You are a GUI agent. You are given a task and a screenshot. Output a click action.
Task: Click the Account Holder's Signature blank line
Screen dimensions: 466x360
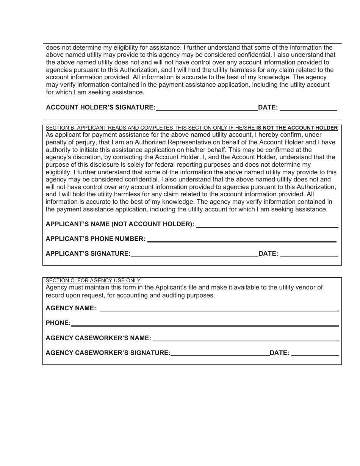[207, 108]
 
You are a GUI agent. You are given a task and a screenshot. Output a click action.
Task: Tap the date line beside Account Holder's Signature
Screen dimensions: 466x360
[308, 108]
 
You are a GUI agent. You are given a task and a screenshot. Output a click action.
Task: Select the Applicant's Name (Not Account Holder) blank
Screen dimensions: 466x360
[267, 224]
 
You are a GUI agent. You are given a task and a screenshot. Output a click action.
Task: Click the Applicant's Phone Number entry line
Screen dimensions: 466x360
[242, 239]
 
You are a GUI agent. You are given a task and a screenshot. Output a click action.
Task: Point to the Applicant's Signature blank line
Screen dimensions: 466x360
[194, 254]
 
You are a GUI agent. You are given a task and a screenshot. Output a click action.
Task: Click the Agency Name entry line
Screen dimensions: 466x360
[219, 308]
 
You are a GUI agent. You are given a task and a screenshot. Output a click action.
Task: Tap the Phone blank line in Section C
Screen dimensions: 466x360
[205, 323]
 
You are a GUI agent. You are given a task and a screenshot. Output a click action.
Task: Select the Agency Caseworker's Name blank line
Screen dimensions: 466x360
[246, 338]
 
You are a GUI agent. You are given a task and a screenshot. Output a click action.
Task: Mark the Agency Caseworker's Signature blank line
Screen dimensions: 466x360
[220, 353]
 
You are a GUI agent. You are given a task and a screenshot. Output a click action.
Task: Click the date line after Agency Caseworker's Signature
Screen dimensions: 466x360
[315, 353]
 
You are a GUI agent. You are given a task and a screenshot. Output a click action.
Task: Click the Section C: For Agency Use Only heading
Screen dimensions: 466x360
[93, 280]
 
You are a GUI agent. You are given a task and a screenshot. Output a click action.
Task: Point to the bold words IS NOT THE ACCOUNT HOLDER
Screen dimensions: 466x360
[297, 128]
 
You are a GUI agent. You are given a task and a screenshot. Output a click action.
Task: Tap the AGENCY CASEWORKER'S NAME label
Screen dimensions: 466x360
[98, 338]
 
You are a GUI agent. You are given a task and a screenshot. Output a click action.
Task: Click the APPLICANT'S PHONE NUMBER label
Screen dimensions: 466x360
[95, 239]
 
